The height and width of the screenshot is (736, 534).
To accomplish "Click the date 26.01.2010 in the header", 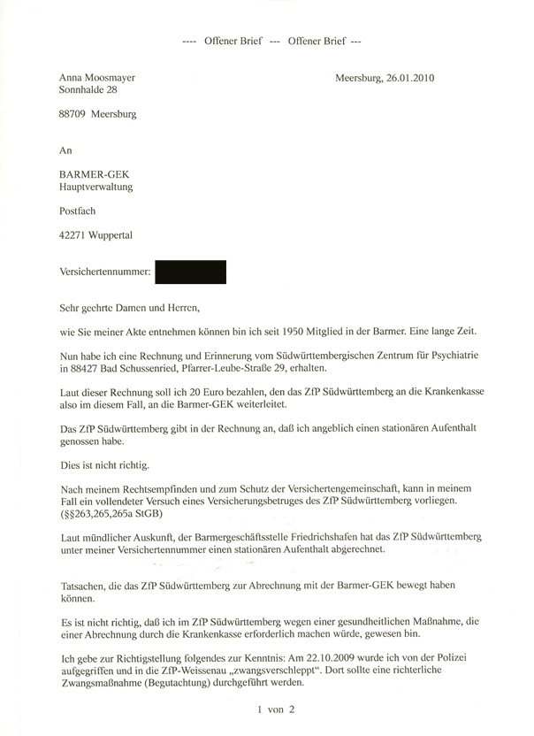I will pos(410,77).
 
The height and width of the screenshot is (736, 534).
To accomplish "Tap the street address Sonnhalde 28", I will pos(87,89).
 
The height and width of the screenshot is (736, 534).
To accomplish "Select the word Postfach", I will pos(77,211).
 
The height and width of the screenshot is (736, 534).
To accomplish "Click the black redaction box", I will pos(190,272).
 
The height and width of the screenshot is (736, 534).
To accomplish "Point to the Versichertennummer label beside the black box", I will pos(102,272).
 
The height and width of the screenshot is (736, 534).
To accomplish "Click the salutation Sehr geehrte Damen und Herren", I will pos(129,309).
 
